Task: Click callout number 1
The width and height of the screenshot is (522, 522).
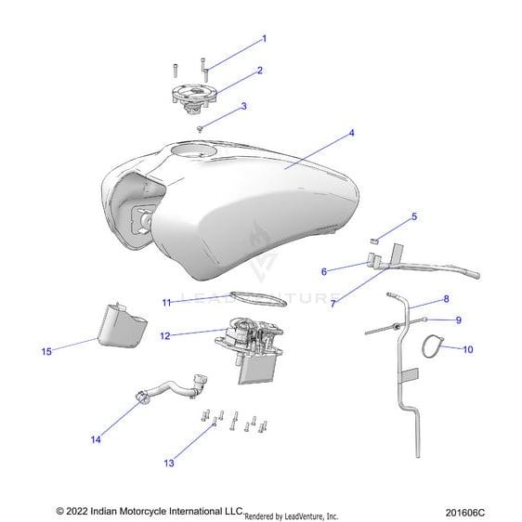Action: click(x=265, y=39)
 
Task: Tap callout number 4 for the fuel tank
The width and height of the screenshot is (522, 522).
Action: click(x=351, y=133)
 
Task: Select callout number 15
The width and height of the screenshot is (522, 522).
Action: click(x=46, y=351)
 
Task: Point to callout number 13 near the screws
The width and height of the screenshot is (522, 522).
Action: click(x=169, y=463)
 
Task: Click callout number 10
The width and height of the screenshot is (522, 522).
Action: click(x=468, y=349)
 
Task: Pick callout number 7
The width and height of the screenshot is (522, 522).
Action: click(x=333, y=304)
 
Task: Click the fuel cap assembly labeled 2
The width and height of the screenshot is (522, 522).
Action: click(x=194, y=97)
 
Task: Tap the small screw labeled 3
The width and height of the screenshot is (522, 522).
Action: click(x=200, y=129)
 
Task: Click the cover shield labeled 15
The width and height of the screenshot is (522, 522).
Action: click(x=123, y=327)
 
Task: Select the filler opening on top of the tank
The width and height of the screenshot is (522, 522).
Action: click(x=194, y=150)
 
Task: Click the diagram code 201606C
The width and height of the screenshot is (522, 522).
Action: click(x=465, y=512)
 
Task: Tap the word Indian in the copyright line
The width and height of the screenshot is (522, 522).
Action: click(x=103, y=511)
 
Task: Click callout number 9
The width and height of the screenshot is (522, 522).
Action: click(x=459, y=320)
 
